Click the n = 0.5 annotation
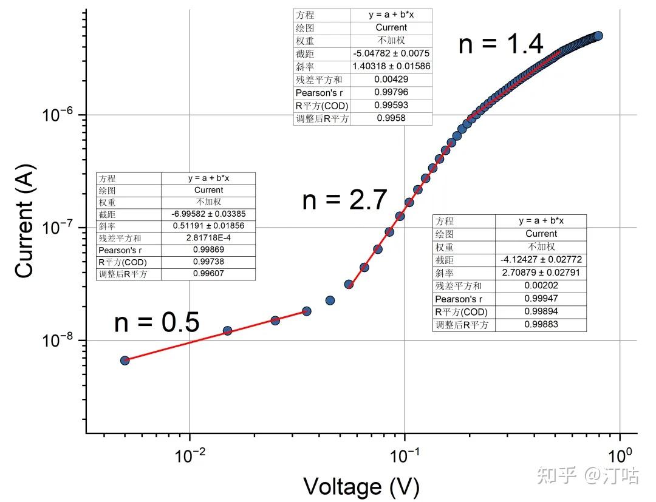tap(157, 322)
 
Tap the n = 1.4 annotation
tap(501, 44)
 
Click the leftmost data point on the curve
tap(125, 361)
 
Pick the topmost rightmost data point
tap(598, 36)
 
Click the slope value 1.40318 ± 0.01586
tap(391, 66)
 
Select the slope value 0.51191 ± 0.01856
tap(208, 226)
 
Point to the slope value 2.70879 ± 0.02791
tap(541, 273)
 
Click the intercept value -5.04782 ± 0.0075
tap(391, 53)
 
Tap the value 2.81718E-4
tap(208, 237)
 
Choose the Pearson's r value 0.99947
tap(541, 299)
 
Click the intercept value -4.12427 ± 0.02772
tap(541, 260)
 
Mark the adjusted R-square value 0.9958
tap(391, 118)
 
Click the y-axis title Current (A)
tap(24, 222)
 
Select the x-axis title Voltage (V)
tap(361, 487)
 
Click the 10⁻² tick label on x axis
tap(190, 455)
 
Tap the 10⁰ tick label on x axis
tap(620, 455)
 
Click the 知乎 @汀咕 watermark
tap(587, 476)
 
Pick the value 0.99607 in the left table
tap(208, 273)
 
